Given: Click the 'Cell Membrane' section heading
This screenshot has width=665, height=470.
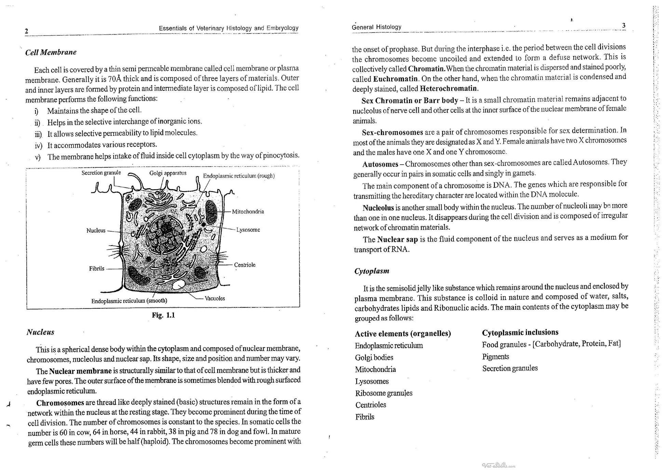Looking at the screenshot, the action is click(x=51, y=52).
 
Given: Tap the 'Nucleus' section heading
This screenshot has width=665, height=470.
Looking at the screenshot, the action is click(x=40, y=332).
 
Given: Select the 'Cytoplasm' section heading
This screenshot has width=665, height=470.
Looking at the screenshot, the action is click(x=372, y=271).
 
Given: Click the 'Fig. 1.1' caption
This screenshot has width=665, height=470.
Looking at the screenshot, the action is click(x=163, y=315).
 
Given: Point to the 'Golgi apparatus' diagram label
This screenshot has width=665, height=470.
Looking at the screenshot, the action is click(x=168, y=173).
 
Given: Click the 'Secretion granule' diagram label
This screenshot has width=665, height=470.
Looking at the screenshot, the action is click(x=101, y=173).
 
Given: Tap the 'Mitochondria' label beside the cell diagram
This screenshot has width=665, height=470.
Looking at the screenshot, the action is click(x=248, y=211).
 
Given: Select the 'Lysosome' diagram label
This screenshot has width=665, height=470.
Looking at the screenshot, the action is click(x=248, y=230).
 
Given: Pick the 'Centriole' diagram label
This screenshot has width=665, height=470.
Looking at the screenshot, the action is click(x=245, y=265).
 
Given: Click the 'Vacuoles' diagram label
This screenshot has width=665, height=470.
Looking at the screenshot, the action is click(x=215, y=298).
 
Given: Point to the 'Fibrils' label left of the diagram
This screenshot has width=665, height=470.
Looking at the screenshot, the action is click(x=97, y=268).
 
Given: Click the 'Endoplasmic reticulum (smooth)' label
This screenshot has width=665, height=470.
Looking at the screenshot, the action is click(x=129, y=301).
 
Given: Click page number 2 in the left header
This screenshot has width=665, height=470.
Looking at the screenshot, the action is click(x=26, y=31).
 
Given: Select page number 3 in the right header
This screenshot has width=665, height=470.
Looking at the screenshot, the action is click(x=624, y=25).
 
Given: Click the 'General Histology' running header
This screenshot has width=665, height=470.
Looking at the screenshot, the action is click(x=377, y=27).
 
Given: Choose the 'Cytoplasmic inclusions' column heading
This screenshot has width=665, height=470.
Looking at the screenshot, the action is click(x=520, y=332).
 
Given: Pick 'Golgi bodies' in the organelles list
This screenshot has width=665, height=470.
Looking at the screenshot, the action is click(x=374, y=358).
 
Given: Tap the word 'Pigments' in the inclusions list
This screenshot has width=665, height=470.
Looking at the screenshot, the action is click(x=496, y=357).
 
